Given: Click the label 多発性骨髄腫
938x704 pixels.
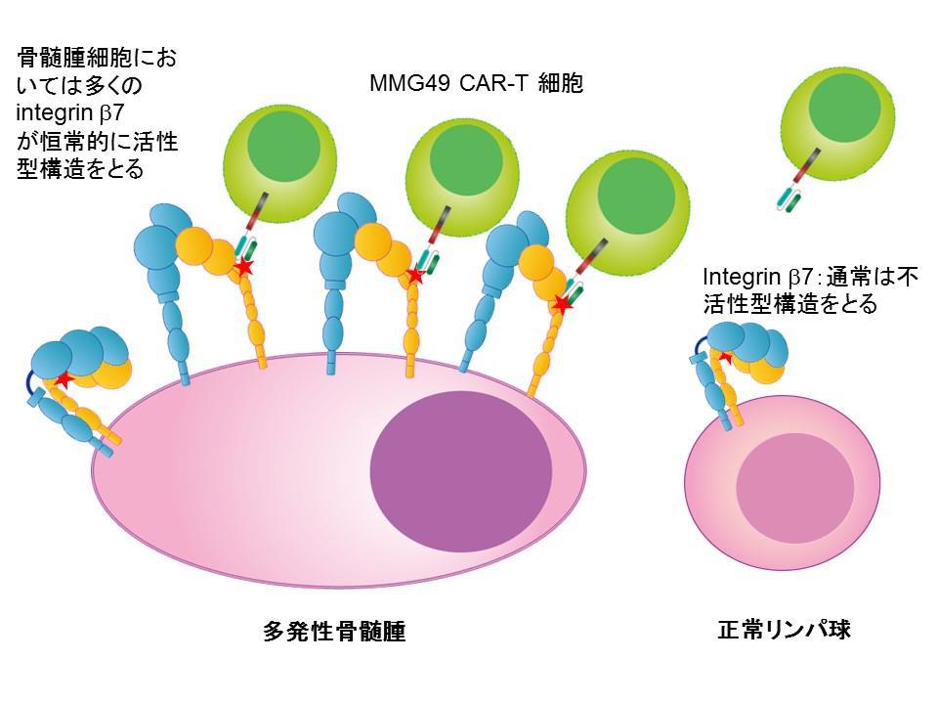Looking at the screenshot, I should click(334, 632).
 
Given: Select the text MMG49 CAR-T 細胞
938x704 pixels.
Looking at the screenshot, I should click(476, 84).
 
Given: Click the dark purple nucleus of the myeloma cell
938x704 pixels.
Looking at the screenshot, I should click(462, 463).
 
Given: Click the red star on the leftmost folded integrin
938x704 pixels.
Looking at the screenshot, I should click(64, 379).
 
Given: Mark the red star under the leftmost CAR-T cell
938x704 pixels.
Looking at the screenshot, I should click(244, 265).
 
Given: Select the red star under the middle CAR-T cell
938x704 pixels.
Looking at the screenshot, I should click(414, 275).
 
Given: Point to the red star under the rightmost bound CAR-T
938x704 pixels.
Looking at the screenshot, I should click(563, 304).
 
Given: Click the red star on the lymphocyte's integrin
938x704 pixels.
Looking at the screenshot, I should click(725, 358).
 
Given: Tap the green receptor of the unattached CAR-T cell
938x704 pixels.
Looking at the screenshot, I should click(787, 199).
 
